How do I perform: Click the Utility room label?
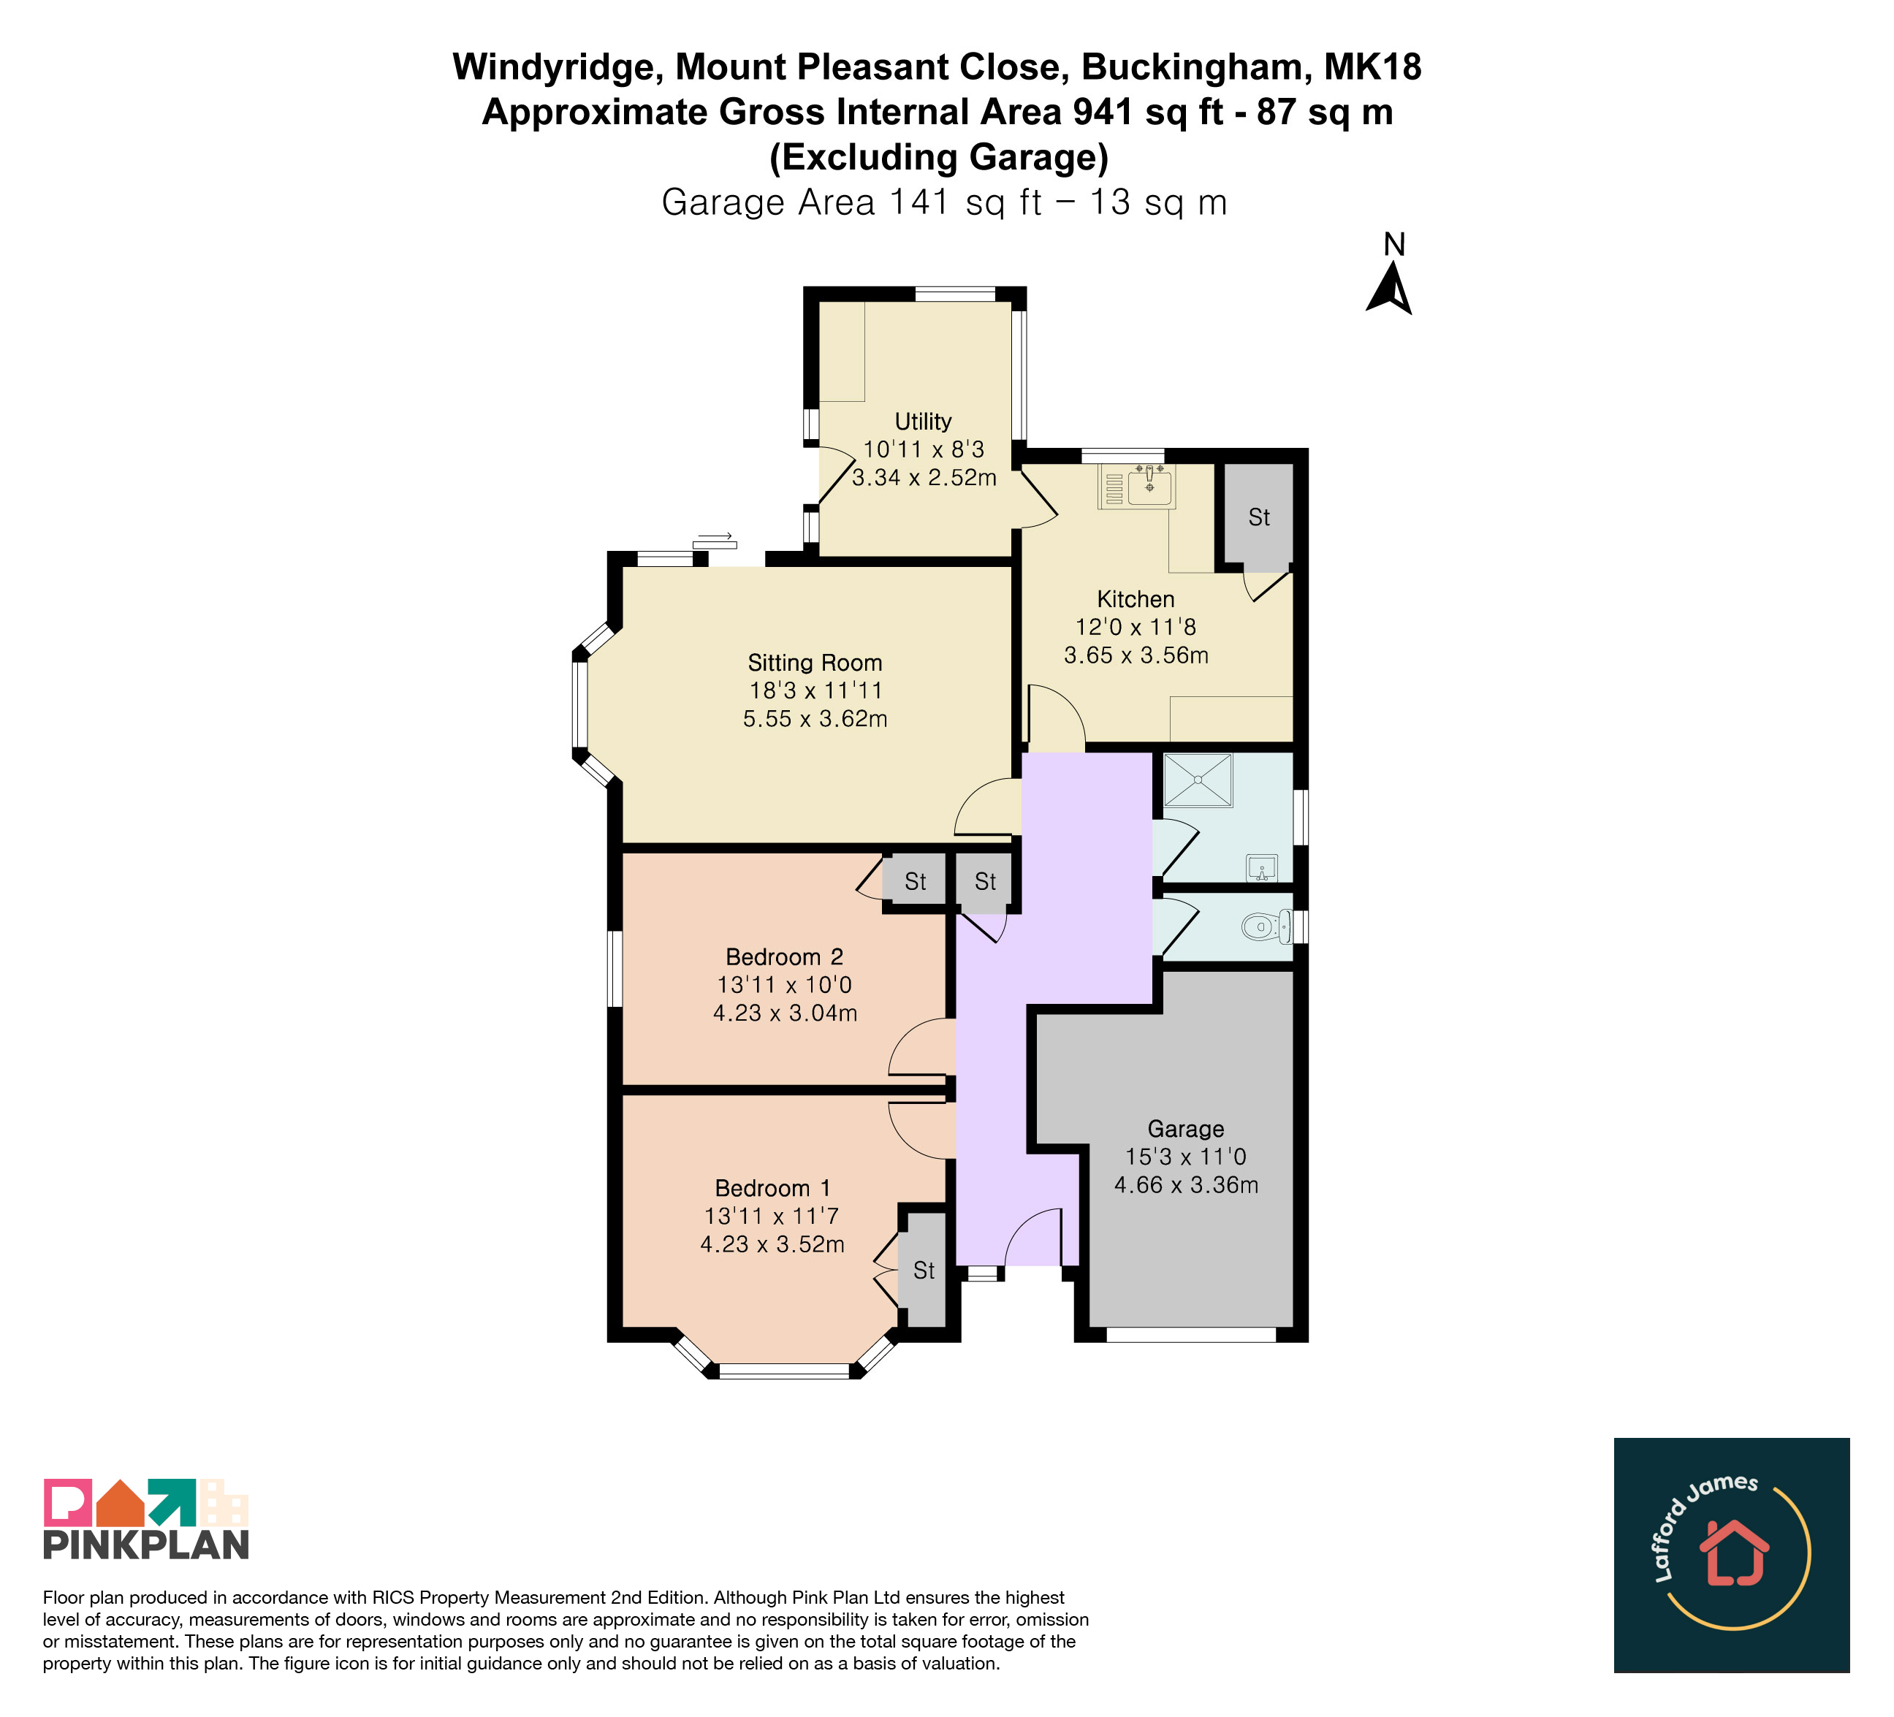923,422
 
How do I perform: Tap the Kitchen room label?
1136,599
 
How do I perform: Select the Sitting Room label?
815,663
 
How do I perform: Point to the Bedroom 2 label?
785,957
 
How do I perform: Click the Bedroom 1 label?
772,1188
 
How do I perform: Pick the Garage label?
1186,1129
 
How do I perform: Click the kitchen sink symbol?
1137,486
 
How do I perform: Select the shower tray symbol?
1198,780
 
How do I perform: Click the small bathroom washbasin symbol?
1262,868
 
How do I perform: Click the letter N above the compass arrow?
1394,244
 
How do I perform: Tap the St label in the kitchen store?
1259,517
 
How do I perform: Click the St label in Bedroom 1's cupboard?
924,1271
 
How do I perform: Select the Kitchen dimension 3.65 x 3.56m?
1136,655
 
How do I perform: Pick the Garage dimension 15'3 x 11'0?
1186,1157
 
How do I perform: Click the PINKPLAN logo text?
147,1545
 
